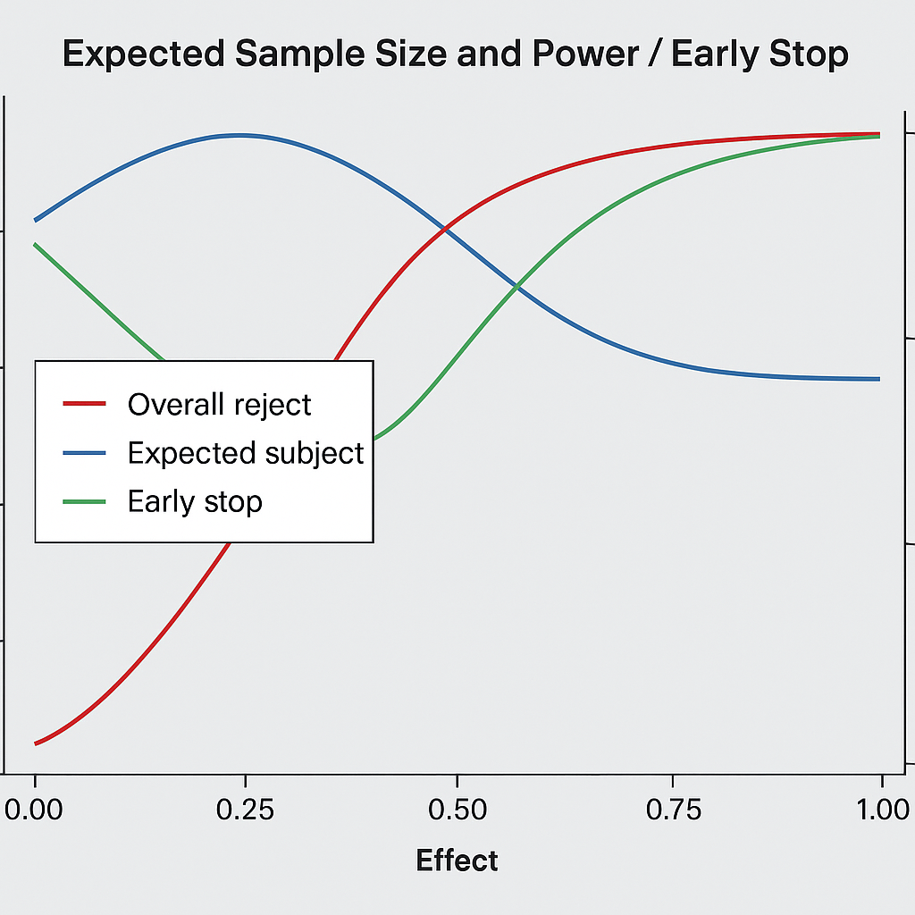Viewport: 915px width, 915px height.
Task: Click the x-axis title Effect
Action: coord(457,860)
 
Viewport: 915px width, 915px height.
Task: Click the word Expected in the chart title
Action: coord(143,55)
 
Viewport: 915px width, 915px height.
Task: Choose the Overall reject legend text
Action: coord(219,405)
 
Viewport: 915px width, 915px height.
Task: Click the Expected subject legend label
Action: coord(246,453)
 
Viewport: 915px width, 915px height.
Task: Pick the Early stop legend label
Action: coord(195,501)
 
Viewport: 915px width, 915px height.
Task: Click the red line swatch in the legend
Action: coord(84,405)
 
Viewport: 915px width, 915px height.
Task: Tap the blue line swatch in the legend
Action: coord(84,453)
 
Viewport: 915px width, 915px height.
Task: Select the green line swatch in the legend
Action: coord(84,501)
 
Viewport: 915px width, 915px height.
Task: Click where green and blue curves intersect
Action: coord(516,287)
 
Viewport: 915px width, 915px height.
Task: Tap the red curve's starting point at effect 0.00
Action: coord(36,743)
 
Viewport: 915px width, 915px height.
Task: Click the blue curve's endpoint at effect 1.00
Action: coord(879,379)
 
